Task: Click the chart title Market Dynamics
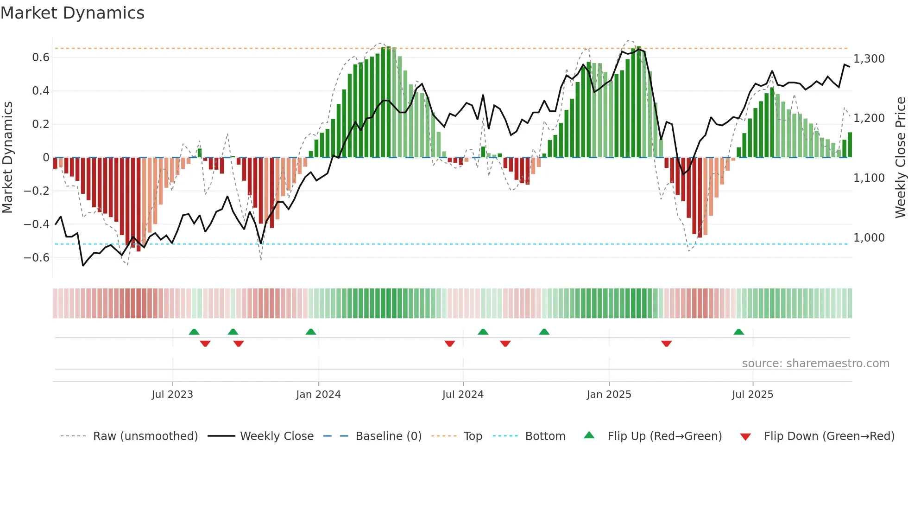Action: tap(72, 13)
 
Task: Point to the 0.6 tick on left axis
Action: tap(40, 57)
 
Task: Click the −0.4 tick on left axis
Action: tap(37, 224)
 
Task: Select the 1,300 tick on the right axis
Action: tap(869, 59)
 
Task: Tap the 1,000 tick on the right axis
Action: tap(869, 238)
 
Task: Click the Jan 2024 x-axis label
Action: tap(318, 395)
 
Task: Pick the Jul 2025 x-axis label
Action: tap(752, 395)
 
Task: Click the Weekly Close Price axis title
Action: tap(900, 158)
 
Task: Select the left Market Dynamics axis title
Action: tap(8, 158)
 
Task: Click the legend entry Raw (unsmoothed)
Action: tap(145, 436)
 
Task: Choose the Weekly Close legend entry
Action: tap(277, 436)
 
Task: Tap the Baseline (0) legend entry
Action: tap(388, 436)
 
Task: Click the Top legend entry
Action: tap(473, 436)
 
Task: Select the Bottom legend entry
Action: tap(545, 436)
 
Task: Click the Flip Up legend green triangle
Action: tap(589, 435)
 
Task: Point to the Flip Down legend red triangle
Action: tap(745, 437)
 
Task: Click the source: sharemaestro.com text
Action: tap(815, 364)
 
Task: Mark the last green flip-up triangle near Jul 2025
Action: tap(738, 332)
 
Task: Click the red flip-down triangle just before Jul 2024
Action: tap(449, 344)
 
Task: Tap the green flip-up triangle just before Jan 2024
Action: tap(311, 332)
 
